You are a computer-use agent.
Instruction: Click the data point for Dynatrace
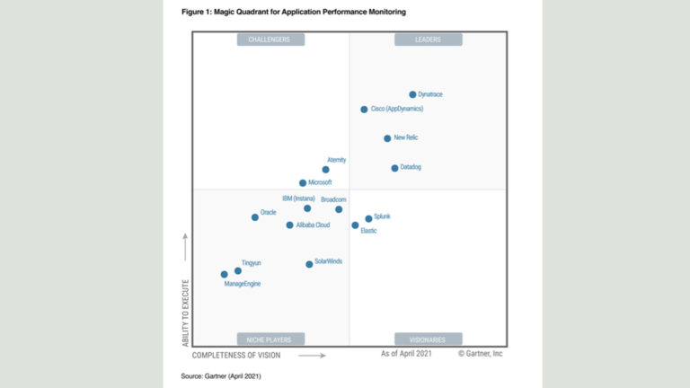click(x=412, y=94)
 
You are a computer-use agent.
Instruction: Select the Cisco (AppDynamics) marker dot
click(x=364, y=110)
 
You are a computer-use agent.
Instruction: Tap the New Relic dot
click(x=387, y=138)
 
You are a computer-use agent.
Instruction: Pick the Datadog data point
click(x=394, y=168)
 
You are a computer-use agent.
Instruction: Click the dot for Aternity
click(x=325, y=170)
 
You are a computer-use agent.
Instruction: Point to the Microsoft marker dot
click(x=303, y=183)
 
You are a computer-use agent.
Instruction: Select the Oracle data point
click(x=255, y=217)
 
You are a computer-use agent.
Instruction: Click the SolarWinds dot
click(x=309, y=264)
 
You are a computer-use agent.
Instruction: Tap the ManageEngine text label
click(x=242, y=284)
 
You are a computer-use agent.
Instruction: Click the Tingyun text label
click(x=251, y=263)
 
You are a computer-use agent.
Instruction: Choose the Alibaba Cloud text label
click(x=313, y=225)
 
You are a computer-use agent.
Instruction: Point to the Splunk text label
click(x=382, y=216)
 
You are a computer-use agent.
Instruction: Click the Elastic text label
click(x=368, y=232)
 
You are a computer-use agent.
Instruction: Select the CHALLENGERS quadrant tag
click(x=270, y=40)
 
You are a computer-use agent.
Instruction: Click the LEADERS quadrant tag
click(x=428, y=40)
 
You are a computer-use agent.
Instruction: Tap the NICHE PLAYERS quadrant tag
click(x=270, y=339)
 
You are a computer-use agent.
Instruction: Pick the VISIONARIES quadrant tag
click(x=428, y=339)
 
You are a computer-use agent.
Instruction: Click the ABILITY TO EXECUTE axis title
click(x=186, y=313)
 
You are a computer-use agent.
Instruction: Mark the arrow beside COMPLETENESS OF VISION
click(x=312, y=356)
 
